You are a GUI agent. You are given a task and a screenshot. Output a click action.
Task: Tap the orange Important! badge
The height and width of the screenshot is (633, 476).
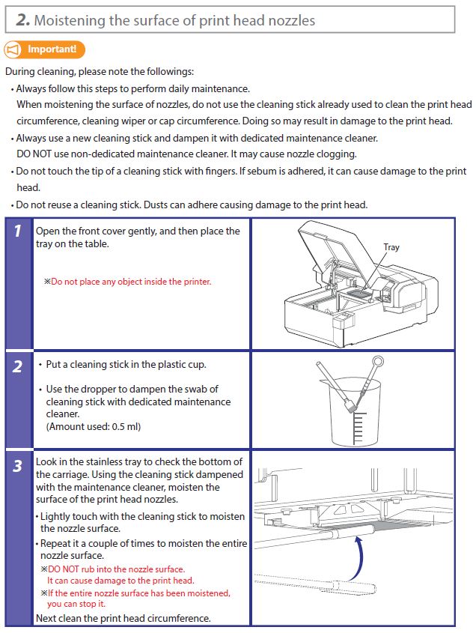[52, 49]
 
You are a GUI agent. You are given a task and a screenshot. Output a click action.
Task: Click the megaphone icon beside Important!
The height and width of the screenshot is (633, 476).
[13, 50]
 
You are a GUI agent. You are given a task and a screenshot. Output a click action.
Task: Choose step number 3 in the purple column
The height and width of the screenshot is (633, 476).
[17, 467]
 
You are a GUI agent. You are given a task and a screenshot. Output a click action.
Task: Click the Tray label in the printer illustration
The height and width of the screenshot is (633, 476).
[391, 247]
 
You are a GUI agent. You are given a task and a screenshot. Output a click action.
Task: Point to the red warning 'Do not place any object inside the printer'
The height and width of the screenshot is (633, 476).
[131, 282]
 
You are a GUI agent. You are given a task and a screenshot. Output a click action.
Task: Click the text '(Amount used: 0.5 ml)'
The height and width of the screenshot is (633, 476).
[93, 426]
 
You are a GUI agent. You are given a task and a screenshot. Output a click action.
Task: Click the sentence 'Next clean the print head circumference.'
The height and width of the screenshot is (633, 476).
[123, 618]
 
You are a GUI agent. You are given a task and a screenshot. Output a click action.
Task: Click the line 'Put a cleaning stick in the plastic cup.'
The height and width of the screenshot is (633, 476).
[126, 365]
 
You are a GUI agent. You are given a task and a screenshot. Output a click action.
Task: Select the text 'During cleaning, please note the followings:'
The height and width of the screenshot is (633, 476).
[100, 72]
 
